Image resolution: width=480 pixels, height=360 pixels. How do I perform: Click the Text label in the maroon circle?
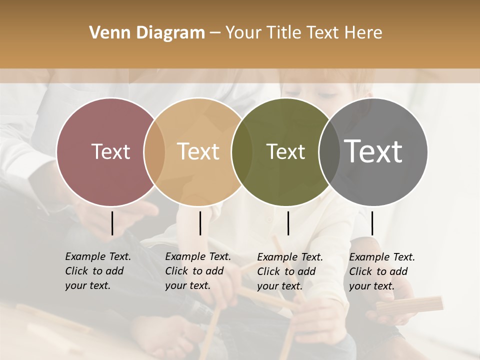tap(110, 151)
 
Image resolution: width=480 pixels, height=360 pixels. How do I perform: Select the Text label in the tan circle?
tap(198, 151)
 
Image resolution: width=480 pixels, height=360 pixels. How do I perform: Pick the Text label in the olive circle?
tap(285, 151)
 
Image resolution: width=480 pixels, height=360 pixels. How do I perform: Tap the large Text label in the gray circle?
tap(373, 151)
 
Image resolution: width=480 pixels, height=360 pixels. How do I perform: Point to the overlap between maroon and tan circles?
tap(154, 152)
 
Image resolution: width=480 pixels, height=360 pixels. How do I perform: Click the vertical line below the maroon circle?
tap(112, 223)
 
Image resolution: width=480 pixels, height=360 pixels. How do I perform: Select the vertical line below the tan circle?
tap(200, 223)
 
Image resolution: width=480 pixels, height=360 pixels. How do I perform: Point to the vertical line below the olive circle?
tap(288, 223)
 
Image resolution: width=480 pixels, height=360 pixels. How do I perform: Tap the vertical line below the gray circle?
tap(372, 223)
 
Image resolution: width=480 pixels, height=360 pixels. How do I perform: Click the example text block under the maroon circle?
tap(98, 271)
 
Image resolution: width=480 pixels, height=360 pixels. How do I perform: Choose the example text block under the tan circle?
tap(198, 271)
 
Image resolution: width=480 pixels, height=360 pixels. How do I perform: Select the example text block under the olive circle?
tap(290, 271)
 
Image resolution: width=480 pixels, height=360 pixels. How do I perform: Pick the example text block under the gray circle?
tap(382, 271)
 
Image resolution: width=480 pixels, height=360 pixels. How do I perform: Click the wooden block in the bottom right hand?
tap(409, 305)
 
